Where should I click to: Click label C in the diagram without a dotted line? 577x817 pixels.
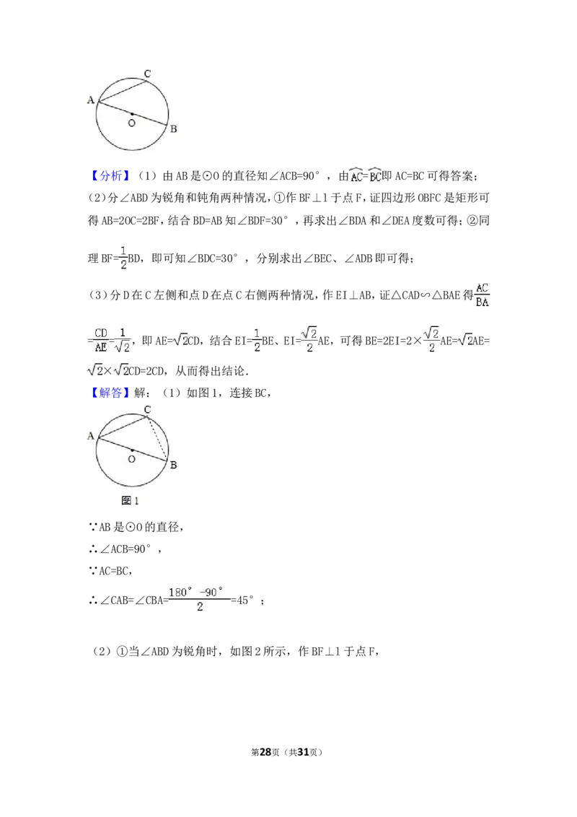click(147, 74)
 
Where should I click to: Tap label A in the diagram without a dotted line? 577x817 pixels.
click(91, 100)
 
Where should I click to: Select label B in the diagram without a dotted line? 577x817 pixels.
click(173, 129)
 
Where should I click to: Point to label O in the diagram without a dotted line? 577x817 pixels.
click(131, 123)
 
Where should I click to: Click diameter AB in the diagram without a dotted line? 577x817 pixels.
click(144, 118)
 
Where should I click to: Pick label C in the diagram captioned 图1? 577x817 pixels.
click(147, 409)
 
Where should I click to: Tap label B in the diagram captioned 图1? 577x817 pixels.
click(173, 465)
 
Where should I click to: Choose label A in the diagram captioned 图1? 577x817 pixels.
click(91, 435)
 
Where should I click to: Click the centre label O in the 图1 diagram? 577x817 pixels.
click(131, 459)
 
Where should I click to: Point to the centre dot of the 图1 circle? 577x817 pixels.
click(133, 450)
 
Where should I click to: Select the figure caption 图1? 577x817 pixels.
click(130, 500)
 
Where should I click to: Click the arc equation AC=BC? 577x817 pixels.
click(366, 175)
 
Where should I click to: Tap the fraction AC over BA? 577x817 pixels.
click(482, 295)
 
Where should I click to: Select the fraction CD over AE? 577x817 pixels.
click(100, 340)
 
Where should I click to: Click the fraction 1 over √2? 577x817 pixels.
click(123, 340)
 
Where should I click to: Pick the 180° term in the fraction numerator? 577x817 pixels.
click(181, 592)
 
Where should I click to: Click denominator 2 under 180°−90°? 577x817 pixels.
click(200, 608)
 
